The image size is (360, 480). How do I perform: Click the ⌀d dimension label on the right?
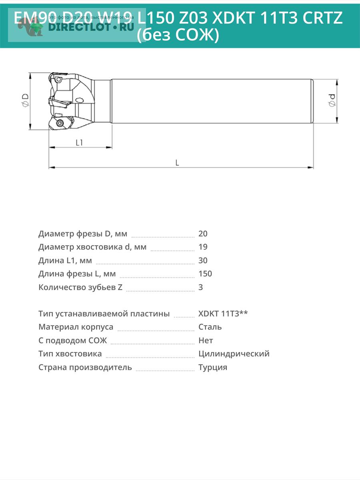pos(332,100)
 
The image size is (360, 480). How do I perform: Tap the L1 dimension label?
pos(79,142)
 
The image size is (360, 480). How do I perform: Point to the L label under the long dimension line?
pos(177,162)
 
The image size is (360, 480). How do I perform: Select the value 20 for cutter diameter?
pos(203,234)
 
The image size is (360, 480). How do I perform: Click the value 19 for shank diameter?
pos(203,247)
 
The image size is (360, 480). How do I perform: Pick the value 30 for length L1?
pos(203,260)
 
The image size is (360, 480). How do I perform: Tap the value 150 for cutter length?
pos(205,274)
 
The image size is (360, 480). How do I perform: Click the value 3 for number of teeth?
pos(201,287)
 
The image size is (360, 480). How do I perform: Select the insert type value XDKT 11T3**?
pos(223,314)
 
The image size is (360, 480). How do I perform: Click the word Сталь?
pos(210,327)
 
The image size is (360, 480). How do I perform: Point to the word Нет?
pos(206,340)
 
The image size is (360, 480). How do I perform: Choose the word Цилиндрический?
pos(234,354)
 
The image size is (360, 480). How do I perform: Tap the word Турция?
pos(213,367)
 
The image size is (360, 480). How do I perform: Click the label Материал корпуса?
pos(76,327)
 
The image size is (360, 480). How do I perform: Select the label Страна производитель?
pos(85,367)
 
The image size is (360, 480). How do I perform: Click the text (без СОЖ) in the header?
pos(178,36)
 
